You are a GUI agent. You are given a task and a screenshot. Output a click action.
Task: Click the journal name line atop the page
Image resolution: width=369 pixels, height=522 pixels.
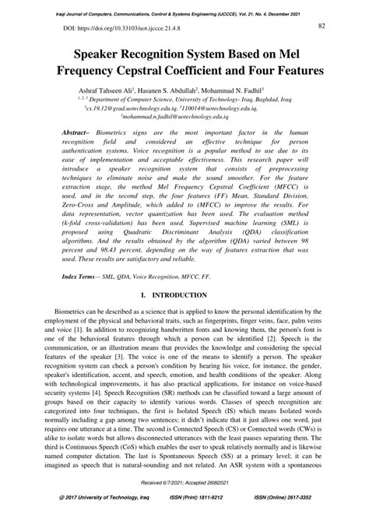pos(184,6)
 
